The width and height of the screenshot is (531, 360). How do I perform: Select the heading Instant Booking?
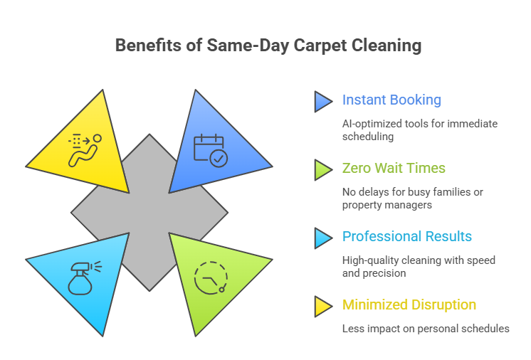(x=391, y=100)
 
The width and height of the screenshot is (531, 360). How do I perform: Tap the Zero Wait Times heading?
(x=394, y=169)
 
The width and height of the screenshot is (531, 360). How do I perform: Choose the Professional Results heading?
(x=407, y=237)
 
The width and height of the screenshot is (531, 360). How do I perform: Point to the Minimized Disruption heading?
(x=409, y=305)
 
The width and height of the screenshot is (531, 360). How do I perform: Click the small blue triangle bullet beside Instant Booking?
(x=323, y=101)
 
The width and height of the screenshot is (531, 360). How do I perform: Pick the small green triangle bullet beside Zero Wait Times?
(x=323, y=169)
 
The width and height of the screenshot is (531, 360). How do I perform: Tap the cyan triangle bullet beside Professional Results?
(x=323, y=238)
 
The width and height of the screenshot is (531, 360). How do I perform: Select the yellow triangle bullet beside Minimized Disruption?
(x=323, y=306)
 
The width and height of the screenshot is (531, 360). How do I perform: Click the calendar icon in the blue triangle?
(x=211, y=150)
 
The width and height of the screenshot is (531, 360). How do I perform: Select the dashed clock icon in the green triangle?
(x=211, y=277)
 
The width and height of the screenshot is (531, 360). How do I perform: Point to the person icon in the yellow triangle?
(x=84, y=149)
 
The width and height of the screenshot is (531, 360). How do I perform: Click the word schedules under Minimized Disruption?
(x=483, y=329)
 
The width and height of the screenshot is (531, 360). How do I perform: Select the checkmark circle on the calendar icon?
(x=219, y=158)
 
